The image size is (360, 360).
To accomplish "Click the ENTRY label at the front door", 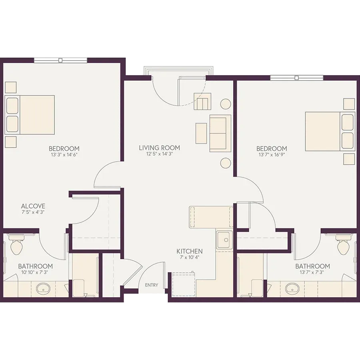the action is click(152, 285).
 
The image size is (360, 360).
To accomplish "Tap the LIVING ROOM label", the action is click(159, 148).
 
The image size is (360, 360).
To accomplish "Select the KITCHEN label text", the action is click(190, 251).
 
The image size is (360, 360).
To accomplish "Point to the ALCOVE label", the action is click(33, 206).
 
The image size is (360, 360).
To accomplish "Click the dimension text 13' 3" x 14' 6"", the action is click(64, 154).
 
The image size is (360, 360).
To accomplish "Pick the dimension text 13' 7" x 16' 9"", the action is click(272, 154).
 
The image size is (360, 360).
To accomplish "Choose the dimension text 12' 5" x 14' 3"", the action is click(159, 154).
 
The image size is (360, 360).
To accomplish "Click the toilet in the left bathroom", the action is click(16, 246).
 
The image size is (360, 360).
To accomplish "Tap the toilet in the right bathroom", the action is click(343, 246).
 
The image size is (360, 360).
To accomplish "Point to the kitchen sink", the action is click(224, 240).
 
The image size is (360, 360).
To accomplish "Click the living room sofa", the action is click(220, 133).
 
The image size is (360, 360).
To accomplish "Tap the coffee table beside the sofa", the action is click(201, 133).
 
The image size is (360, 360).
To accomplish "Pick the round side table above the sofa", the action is click(226, 104).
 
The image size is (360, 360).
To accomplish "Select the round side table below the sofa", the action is click(226, 163).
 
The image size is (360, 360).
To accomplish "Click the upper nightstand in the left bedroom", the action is click(11, 87).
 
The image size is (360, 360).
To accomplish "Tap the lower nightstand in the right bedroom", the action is click(349, 159).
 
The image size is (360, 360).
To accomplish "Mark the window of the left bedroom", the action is click(61, 60).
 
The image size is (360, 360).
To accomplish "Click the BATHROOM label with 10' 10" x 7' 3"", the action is click(35, 266).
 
